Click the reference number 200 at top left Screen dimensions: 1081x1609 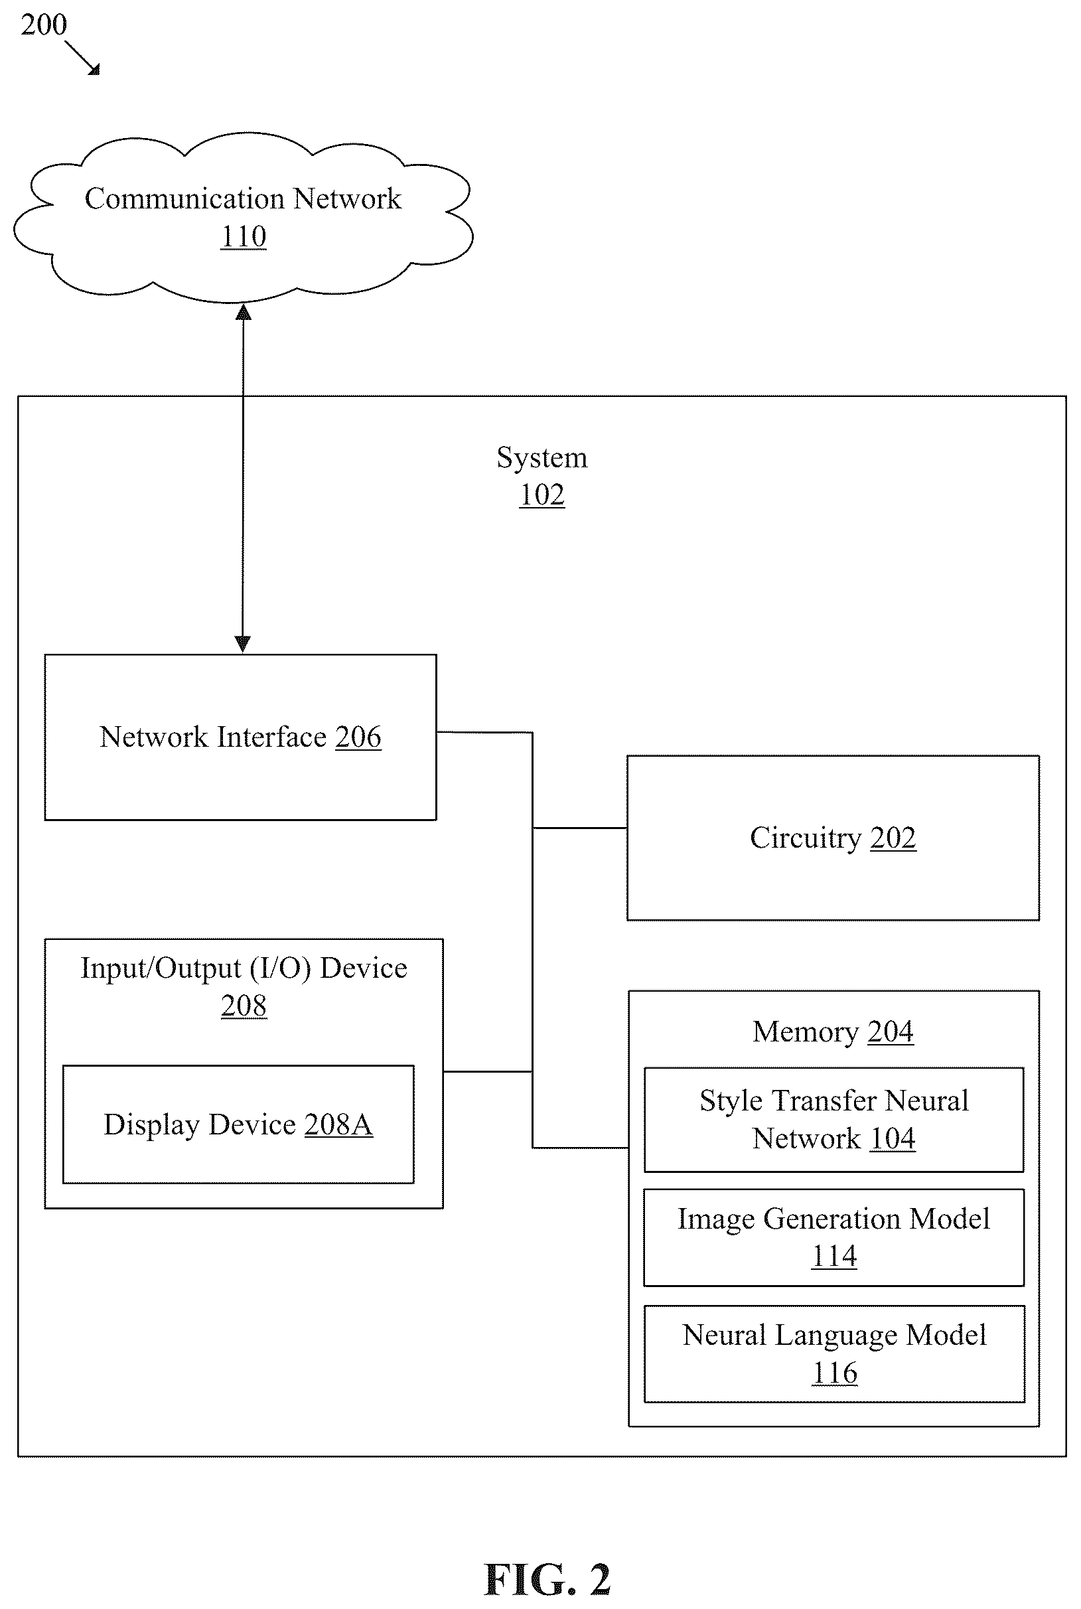pyautogui.click(x=43, y=25)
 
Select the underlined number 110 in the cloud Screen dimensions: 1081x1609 pyautogui.click(x=244, y=236)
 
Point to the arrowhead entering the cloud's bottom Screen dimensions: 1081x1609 pyautogui.click(x=244, y=313)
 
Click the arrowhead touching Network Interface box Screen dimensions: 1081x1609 pyautogui.click(x=243, y=644)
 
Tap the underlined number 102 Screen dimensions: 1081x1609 pyautogui.click(x=542, y=495)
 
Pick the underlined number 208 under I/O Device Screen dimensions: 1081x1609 pyautogui.click(x=244, y=1006)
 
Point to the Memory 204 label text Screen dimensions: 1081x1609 pyautogui.click(x=833, y=1032)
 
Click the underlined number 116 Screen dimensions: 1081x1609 pyautogui.click(x=835, y=1373)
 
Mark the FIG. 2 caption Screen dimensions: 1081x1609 pyautogui.click(x=547, y=1579)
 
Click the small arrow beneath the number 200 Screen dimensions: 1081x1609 pyautogui.click(x=83, y=58)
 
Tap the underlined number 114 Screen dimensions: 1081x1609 pyautogui.click(x=834, y=1256)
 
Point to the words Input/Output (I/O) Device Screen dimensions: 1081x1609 pyautogui.click(x=244, y=969)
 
